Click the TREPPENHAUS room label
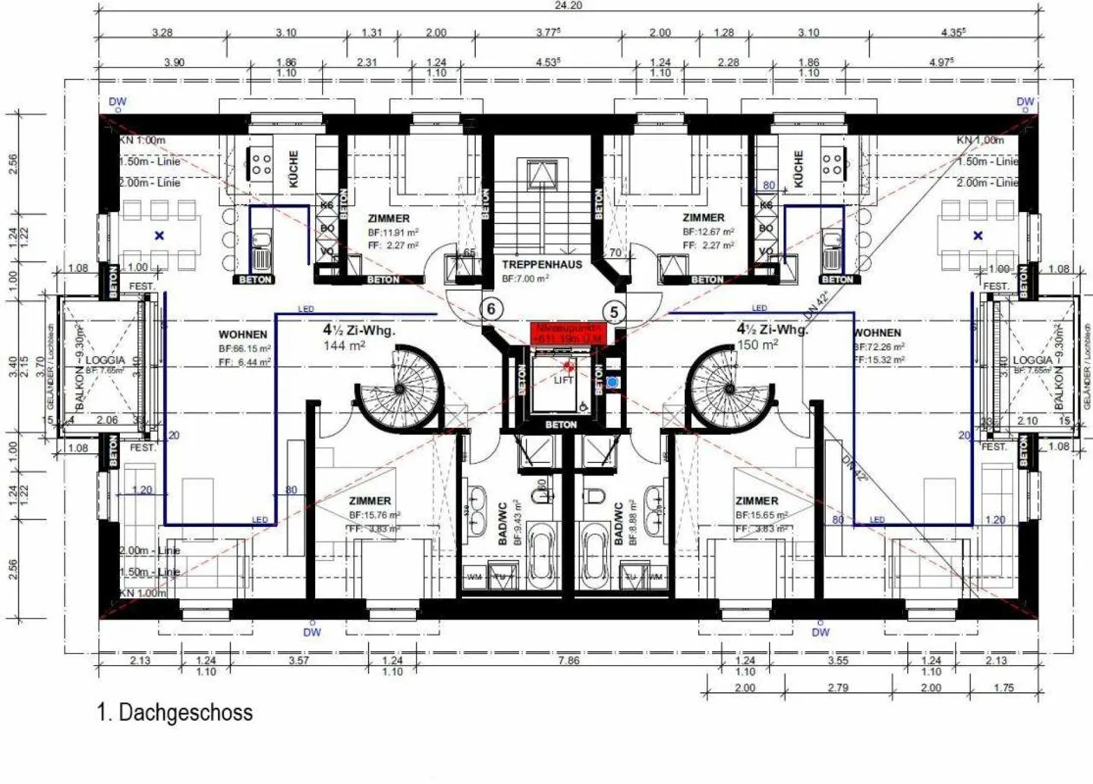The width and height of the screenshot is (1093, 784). point(542,265)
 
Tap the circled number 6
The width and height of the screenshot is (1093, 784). point(492,309)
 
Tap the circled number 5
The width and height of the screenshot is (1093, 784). point(614,312)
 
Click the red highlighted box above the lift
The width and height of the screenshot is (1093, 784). point(568,333)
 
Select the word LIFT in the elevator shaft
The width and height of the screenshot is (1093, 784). point(563,380)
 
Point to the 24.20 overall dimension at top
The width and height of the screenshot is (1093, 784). point(568,5)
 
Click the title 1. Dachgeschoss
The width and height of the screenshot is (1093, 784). point(175,713)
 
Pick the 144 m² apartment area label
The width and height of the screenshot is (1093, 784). point(345,345)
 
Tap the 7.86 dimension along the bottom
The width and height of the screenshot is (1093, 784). point(569,660)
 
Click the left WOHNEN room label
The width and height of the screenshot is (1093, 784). point(243,334)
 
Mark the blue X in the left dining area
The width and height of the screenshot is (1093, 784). point(159,236)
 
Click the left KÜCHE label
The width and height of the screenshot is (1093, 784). point(294,168)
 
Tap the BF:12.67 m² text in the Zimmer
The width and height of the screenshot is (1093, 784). point(708,231)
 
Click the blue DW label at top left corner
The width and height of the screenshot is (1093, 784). point(118,102)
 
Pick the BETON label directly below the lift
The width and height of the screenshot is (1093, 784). point(561,425)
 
